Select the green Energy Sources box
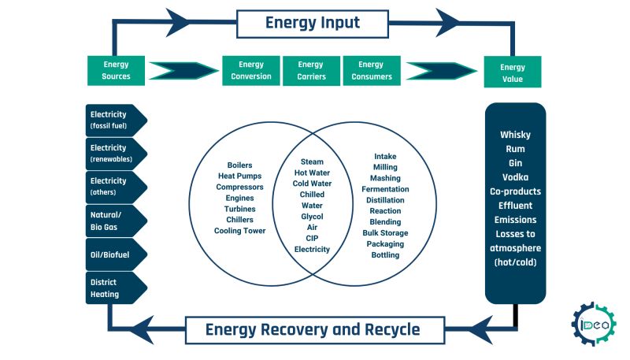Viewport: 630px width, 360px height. pos(116,70)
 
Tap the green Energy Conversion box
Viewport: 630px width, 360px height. pos(251,70)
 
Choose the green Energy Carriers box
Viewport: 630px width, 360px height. pos(311,70)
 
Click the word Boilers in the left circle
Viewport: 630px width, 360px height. pos(239,165)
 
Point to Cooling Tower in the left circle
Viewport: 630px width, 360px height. pos(239,231)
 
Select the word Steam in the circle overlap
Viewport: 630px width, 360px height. pos(312,161)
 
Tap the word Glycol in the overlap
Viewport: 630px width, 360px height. pos(312,216)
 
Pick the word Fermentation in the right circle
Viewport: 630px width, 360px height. pos(385,189)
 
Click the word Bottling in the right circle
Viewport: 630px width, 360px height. pos(385,255)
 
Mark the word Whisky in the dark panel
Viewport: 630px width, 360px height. pos(515,135)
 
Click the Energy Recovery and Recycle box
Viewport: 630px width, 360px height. pos(313,329)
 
